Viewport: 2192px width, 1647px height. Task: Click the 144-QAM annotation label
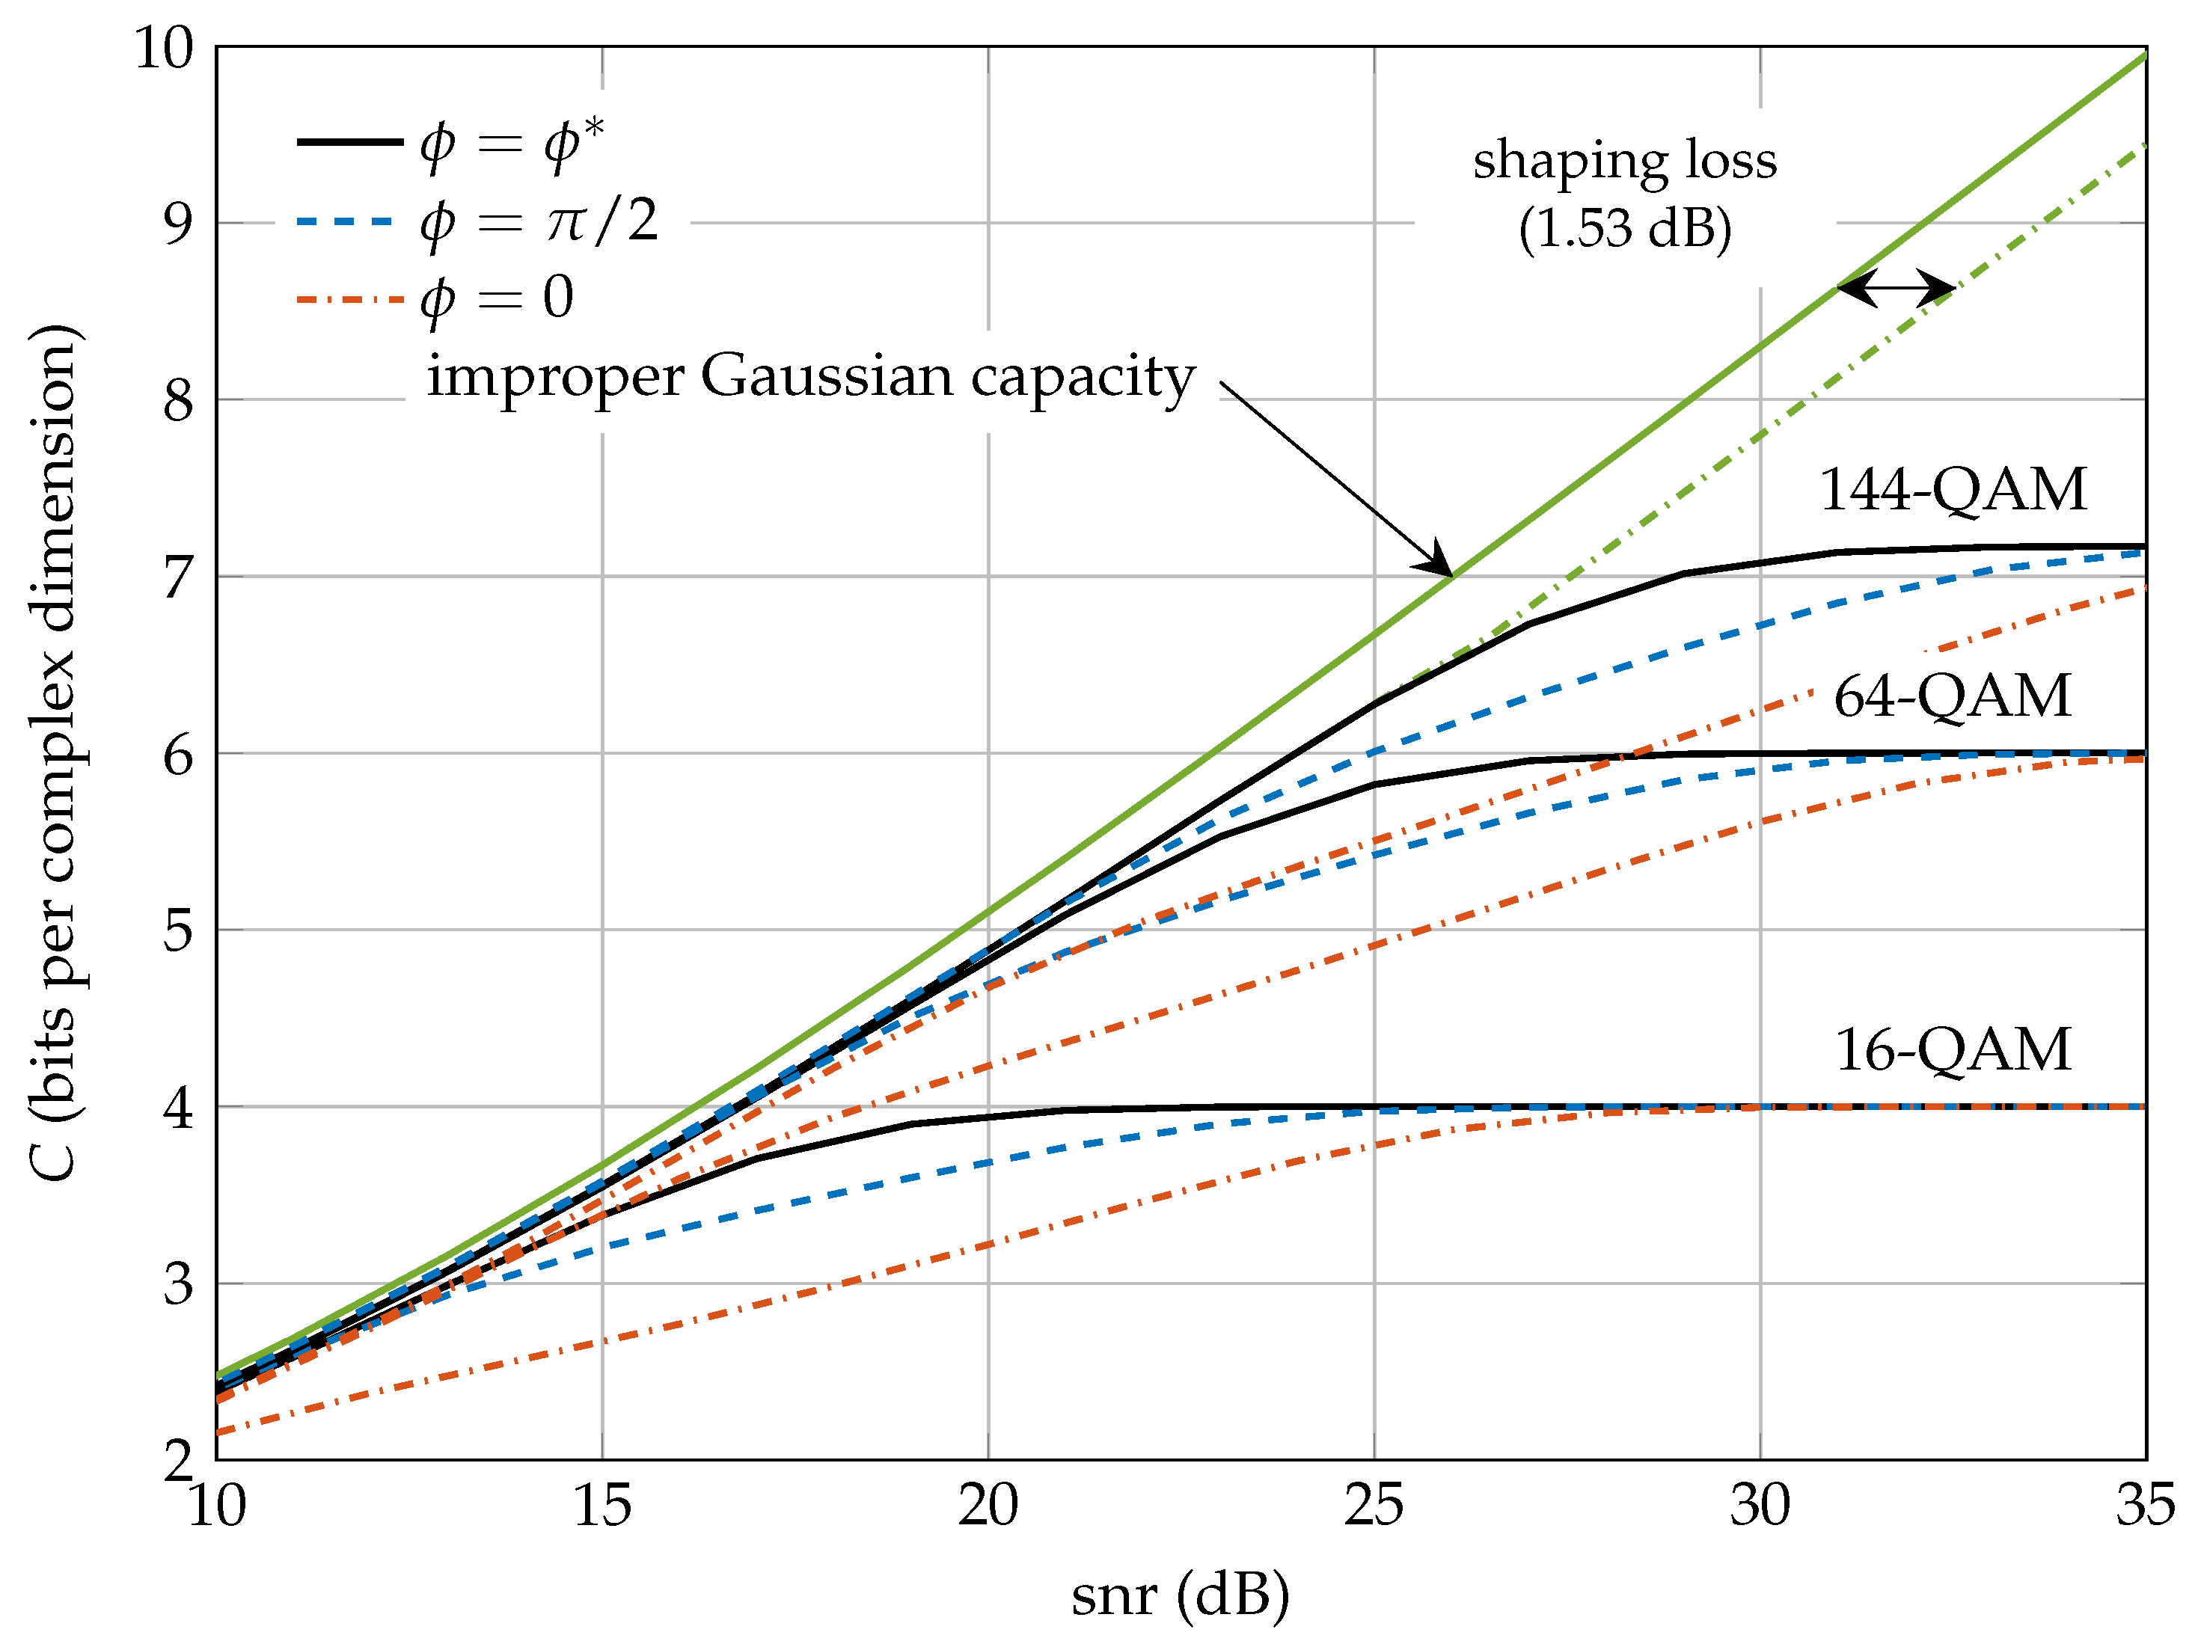[x=1952, y=490]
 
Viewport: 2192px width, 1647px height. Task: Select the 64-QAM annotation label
[x=1952, y=696]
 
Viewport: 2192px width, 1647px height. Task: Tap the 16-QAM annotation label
[x=1952, y=1049]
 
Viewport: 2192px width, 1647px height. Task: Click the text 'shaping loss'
[x=1624, y=162]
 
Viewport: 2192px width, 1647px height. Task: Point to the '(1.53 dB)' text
[x=1625, y=229]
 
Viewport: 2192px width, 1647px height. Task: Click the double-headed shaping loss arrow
[x=1895, y=289]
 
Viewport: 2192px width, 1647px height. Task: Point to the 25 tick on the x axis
[x=1374, y=1506]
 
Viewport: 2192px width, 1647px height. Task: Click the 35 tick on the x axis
[x=2143, y=1506]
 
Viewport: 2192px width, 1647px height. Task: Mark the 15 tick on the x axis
[x=601, y=1506]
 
